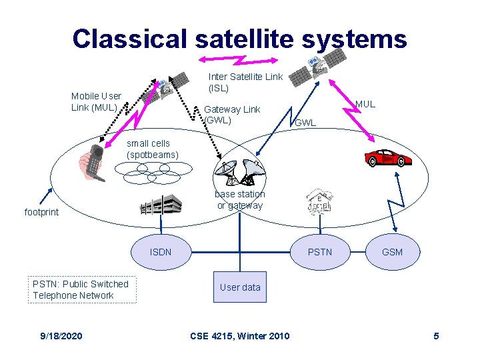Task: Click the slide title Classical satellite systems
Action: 239,39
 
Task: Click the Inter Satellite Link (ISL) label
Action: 245,83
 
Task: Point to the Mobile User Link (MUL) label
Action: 96,101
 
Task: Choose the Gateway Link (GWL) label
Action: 231,115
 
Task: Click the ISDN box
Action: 161,252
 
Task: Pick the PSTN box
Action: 319,252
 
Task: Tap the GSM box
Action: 392,252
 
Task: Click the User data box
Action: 240,287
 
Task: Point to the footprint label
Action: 41,212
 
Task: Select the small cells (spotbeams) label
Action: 153,149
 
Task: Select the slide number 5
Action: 436,335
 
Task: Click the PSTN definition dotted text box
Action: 81,289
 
